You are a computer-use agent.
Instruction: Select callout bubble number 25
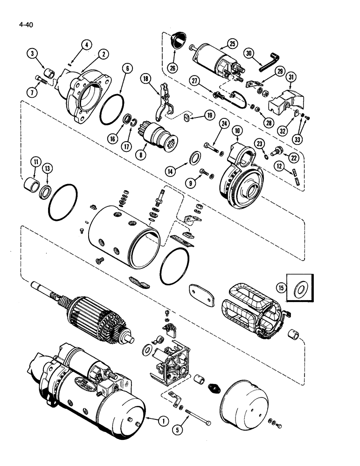[x=232, y=44]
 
